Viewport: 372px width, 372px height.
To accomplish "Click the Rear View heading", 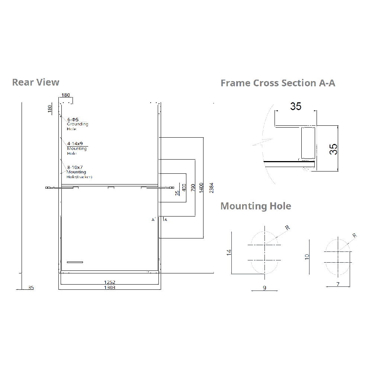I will pos(36,82).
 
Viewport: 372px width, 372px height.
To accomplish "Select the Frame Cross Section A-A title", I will pos(278,83).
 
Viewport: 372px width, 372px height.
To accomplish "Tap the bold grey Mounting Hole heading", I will pos(256,206).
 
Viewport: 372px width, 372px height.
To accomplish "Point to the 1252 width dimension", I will pos(110,283).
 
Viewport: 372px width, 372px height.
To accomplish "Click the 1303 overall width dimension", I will pos(110,288).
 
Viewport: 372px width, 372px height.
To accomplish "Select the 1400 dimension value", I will pos(201,187).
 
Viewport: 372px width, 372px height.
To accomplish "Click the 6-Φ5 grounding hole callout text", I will pos(73,120).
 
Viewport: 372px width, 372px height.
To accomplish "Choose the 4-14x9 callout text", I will pos(75,143).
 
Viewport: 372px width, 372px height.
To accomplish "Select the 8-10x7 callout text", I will pos(75,167).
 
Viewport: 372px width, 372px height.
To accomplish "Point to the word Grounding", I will pos(77,124).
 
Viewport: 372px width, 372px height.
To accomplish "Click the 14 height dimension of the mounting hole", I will pos(229,252).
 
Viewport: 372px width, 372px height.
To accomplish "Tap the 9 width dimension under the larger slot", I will pos(264,288).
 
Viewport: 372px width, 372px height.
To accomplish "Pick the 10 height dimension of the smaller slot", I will pos(307,257).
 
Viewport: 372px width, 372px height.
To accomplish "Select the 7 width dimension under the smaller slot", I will pos(337,284).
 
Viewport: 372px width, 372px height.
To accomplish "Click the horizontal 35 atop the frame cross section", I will pos(296,106).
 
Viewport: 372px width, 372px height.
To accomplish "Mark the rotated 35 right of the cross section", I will pos(334,149).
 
